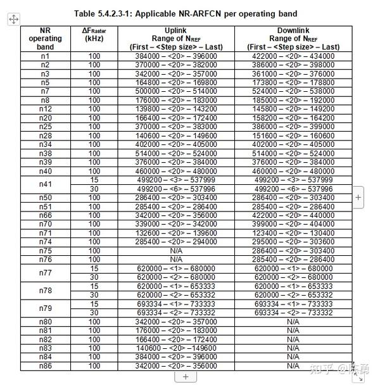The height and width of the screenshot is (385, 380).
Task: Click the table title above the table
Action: click(x=185, y=13)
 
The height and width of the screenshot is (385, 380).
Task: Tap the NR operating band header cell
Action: click(x=45, y=39)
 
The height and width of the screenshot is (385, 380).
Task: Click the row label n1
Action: click(x=45, y=56)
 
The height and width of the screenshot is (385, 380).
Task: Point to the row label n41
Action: click(x=45, y=184)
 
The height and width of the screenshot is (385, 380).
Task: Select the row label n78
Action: click(x=45, y=291)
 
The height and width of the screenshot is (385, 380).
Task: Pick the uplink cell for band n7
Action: click(x=176, y=92)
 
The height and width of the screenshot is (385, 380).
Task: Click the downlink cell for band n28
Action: click(x=293, y=136)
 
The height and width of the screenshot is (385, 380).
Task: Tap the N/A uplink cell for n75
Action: click(x=176, y=251)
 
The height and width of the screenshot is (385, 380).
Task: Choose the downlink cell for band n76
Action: click(x=293, y=260)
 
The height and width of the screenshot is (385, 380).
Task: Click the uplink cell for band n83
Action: click(x=176, y=348)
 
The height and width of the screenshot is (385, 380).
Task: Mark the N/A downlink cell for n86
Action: click(x=293, y=366)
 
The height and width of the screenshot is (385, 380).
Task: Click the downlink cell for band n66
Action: click(x=293, y=215)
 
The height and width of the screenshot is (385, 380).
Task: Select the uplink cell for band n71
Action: click(x=176, y=233)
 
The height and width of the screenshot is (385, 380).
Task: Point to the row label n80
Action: click(x=45, y=322)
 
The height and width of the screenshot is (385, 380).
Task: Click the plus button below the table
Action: click(x=186, y=377)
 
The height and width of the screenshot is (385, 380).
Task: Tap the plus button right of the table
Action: click(x=358, y=198)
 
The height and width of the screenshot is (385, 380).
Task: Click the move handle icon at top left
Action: click(x=13, y=20)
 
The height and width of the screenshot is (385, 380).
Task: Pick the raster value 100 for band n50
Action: click(x=94, y=198)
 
